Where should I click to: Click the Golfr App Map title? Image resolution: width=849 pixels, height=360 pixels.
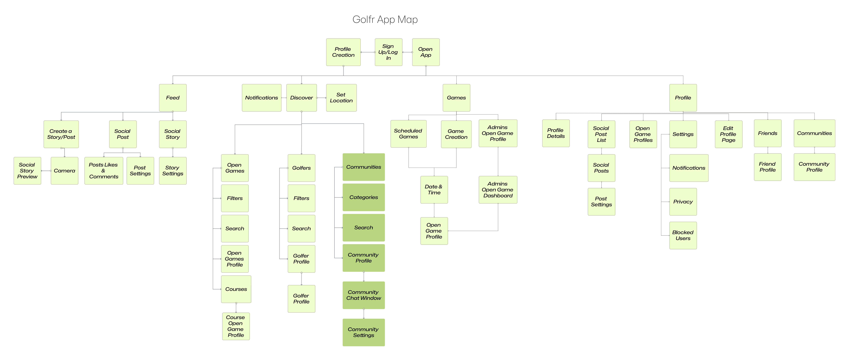pos(385,19)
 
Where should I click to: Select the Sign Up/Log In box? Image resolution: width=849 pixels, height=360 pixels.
pos(388,52)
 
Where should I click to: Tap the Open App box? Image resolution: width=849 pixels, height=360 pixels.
pos(426,52)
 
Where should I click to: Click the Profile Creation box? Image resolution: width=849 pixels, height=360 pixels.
pos(343,52)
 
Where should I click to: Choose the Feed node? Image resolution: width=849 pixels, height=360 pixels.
pos(173,98)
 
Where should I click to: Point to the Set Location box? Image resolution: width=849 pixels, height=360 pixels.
pos(341,98)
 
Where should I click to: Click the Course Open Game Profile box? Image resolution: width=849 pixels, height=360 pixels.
pos(236,326)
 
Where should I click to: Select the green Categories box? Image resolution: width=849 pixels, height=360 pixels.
pos(363,197)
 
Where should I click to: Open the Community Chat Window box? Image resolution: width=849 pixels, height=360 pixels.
pos(363,295)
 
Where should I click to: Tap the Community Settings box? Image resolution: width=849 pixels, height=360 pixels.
pos(363,332)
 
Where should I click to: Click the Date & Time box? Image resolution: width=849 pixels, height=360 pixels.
pos(434,190)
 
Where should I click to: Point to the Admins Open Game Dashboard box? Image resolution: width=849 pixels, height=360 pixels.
pos(498,190)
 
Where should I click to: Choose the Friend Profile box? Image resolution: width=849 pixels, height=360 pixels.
pos(767,167)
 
